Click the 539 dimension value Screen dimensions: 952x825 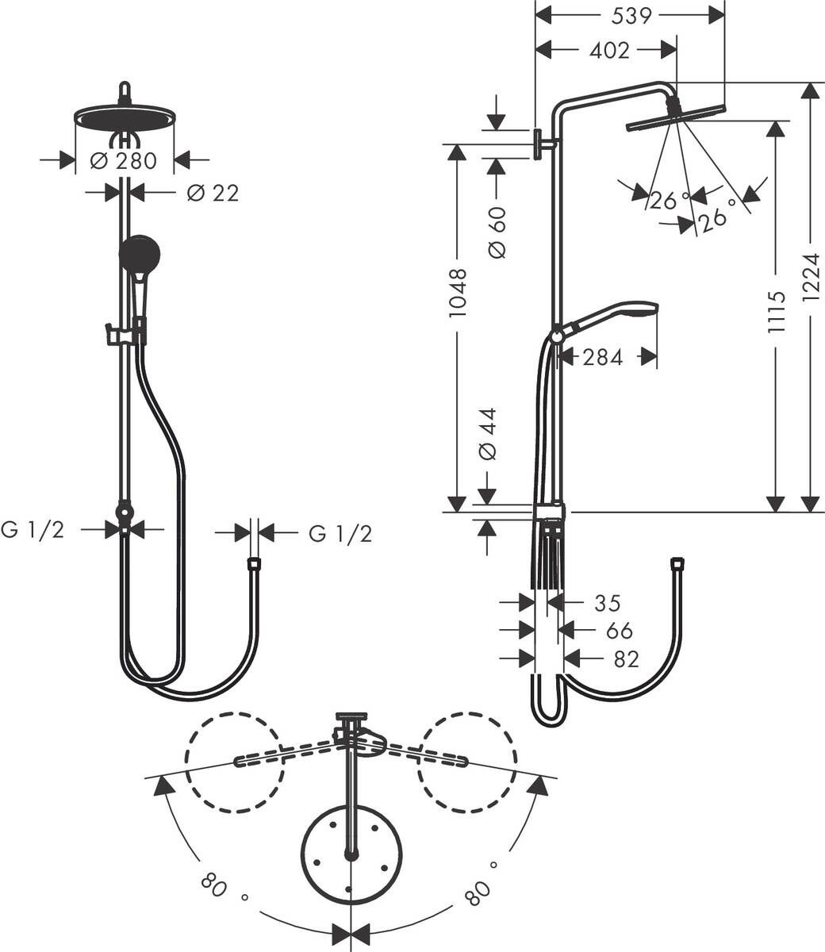[x=632, y=16]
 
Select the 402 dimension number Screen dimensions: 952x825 [x=610, y=51]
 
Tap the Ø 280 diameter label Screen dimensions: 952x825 [x=124, y=161]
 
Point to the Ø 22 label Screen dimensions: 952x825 [x=213, y=193]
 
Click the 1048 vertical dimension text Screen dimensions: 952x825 [x=458, y=293]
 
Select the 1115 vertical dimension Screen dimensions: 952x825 [x=776, y=311]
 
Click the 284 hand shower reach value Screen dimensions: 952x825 [x=603, y=358]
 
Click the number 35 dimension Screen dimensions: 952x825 [x=607, y=604]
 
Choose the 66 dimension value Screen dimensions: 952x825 [x=619, y=631]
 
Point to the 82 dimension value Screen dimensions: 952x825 [x=626, y=659]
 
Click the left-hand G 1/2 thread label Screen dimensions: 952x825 [x=33, y=530]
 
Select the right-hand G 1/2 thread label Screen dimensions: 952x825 [x=340, y=534]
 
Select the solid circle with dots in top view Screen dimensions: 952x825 [x=351, y=854]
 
